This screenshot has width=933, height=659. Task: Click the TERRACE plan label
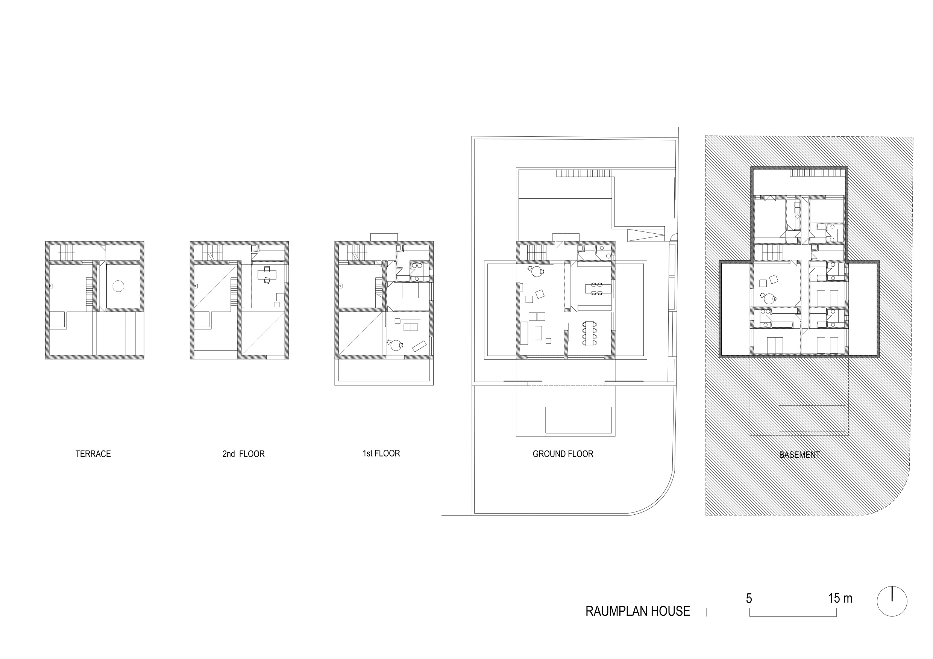tap(93, 454)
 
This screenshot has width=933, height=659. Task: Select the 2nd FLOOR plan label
tap(243, 454)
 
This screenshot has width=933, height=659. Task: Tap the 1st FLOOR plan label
tap(381, 453)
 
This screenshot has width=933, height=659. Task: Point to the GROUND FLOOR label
tap(563, 454)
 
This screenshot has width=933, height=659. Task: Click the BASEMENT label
tap(799, 455)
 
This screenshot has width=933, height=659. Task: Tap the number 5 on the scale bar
tap(749, 598)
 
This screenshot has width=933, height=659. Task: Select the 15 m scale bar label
tap(840, 598)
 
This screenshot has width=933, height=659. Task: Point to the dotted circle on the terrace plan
tap(118, 286)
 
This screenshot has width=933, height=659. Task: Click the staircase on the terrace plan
tap(67, 252)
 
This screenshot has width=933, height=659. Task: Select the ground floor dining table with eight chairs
tap(589, 333)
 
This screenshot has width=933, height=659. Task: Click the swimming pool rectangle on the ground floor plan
tap(578, 420)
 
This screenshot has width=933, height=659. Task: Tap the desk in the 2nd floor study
tap(267, 275)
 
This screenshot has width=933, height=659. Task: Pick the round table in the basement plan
tap(768, 299)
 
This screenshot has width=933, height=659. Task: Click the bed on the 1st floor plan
tap(410, 291)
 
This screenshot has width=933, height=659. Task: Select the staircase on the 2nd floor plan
tap(211, 252)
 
